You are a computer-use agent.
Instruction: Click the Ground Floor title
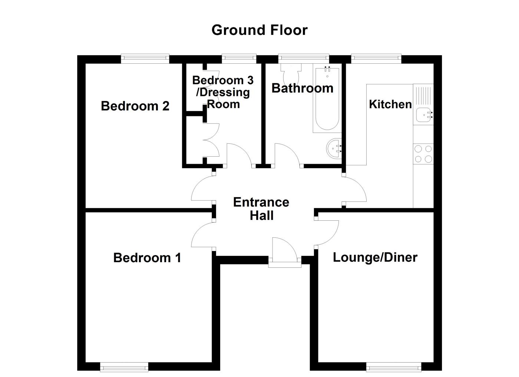pos(259,30)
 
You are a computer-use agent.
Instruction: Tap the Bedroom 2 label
pos(135,106)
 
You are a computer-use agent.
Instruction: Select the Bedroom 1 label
pos(147,257)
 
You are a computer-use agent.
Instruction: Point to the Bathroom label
pos(302,88)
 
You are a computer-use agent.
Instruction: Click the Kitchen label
pos(390,104)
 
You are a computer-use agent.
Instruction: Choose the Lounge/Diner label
pos(375,257)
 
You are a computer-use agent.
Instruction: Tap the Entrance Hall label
pos(261,209)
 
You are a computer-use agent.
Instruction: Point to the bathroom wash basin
pos(334,148)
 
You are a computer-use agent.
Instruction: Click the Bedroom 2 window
pos(145,58)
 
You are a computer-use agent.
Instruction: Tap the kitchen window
pos(376,58)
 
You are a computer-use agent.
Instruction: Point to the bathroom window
pos(304,58)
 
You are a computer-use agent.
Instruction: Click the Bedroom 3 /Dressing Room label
pos(223,92)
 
